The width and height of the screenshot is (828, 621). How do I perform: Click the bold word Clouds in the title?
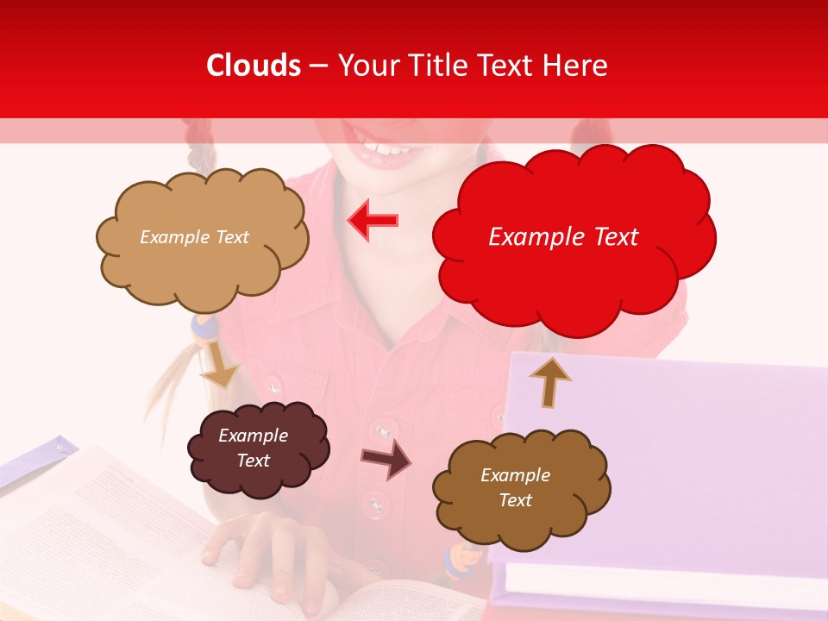tap(254, 66)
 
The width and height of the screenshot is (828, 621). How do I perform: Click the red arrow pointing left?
tap(373, 220)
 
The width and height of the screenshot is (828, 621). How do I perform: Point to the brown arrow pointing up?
tap(549, 381)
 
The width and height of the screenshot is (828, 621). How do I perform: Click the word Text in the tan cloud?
tap(231, 237)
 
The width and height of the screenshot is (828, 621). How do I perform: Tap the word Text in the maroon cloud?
tap(253, 461)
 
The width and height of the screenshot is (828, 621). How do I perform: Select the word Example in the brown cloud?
tap(515, 475)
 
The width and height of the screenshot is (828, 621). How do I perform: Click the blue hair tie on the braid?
tap(203, 325)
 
